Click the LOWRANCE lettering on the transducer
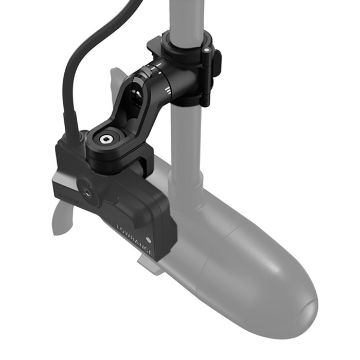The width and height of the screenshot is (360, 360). coord(134,238)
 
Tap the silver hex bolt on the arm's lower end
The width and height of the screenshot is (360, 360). coord(106,139)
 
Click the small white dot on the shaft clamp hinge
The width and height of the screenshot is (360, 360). coord(206,50)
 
